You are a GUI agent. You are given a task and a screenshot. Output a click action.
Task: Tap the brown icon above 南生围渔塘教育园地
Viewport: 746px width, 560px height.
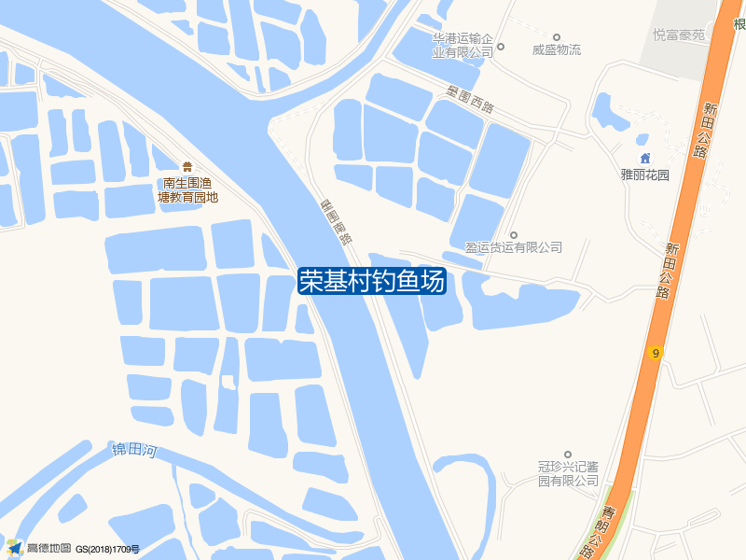coord(187,166)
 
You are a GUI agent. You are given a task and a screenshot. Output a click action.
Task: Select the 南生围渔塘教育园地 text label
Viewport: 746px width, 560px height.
coord(187,189)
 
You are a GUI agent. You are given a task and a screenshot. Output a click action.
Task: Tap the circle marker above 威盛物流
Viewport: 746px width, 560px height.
coord(557,37)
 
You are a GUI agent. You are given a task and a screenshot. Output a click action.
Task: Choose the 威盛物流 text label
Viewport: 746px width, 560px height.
coord(557,50)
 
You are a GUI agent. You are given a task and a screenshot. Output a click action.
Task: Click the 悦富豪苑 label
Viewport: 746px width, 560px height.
coord(679,35)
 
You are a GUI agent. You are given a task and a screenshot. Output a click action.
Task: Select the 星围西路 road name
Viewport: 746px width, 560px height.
coord(470,100)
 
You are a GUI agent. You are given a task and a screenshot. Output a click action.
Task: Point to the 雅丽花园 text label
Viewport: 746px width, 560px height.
coord(645,175)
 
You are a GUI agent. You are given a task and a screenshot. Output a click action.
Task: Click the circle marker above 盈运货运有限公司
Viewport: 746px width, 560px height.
coord(514,234)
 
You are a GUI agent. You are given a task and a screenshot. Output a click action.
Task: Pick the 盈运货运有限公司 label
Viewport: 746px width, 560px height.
coord(514,247)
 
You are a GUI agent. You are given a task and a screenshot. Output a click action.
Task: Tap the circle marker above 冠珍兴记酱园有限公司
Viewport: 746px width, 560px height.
coord(568,453)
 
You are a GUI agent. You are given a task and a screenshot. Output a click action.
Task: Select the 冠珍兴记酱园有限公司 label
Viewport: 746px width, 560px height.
coord(568,473)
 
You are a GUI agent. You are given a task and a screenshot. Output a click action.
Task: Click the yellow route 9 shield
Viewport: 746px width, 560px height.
coord(656,353)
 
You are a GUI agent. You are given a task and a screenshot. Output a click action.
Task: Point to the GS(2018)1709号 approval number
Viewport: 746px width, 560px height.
coord(108,549)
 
